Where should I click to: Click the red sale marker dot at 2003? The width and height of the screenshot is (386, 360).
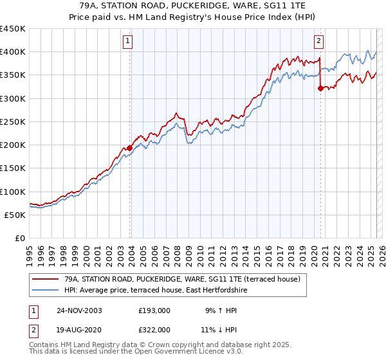point(130,148)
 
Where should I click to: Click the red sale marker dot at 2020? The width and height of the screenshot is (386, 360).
point(320,89)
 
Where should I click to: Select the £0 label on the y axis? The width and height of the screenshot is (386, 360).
point(19,238)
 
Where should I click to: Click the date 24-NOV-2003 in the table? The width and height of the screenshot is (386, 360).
point(79,310)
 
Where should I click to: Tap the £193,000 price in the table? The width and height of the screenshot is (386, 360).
point(154,310)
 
